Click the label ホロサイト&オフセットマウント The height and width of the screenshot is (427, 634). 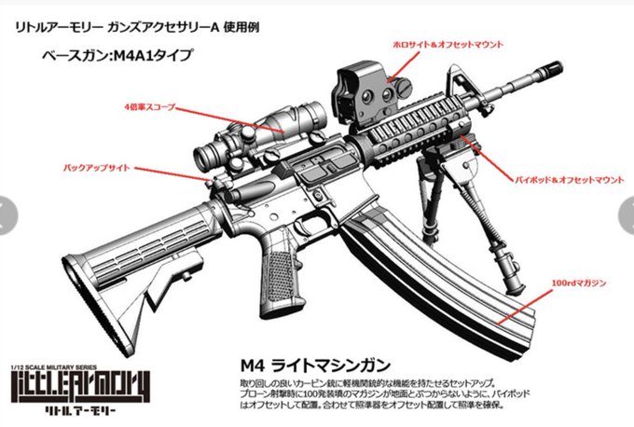[448, 45]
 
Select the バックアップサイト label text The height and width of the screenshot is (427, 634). [98, 168]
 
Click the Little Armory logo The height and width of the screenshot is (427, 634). [64, 388]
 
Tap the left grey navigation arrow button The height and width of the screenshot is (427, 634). [7, 214]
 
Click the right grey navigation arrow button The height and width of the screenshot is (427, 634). [626, 214]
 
